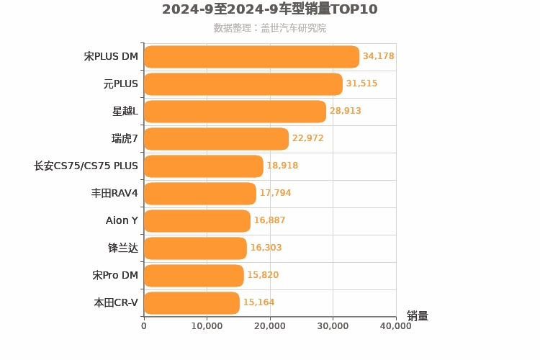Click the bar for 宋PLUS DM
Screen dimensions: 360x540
[x=251, y=57]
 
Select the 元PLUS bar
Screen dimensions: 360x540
[x=243, y=84]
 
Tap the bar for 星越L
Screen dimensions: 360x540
[x=235, y=112]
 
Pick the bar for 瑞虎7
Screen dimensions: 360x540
[x=216, y=139]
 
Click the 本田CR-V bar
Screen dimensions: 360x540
[x=192, y=303]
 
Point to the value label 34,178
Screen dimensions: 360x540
[x=379, y=56]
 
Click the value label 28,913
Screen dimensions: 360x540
[x=346, y=111]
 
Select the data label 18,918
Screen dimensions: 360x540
[x=282, y=166]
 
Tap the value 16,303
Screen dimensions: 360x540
[x=266, y=248]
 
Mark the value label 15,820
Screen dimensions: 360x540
[x=263, y=275]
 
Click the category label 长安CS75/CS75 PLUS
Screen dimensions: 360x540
[x=86, y=166]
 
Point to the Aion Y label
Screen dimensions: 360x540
[x=122, y=220]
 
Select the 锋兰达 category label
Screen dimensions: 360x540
[x=123, y=248]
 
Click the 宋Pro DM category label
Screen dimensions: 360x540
[x=115, y=275]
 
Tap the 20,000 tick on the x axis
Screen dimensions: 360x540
[x=270, y=326]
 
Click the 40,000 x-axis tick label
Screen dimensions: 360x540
[x=395, y=326]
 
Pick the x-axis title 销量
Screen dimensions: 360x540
[x=418, y=316]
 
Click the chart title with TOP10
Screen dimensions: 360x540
[x=269, y=9]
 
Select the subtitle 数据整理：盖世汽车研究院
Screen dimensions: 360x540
[x=269, y=28]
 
